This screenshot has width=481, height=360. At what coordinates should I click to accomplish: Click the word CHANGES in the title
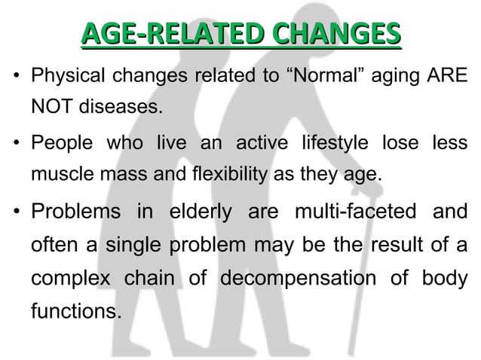click(336, 33)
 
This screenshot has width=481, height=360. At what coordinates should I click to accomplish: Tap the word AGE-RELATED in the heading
click(173, 33)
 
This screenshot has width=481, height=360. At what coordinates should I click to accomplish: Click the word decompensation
click(308, 278)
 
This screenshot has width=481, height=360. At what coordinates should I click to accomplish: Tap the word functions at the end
click(74, 311)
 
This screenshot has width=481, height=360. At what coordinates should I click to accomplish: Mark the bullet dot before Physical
click(15, 77)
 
